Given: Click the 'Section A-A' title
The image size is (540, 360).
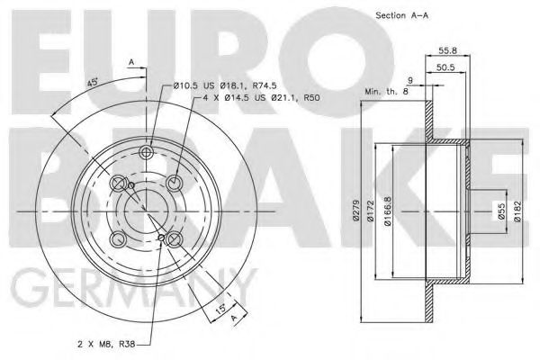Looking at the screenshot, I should [x=402, y=15].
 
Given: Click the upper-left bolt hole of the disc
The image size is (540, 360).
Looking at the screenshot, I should [x=118, y=184].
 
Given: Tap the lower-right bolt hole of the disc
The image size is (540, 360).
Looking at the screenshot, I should [x=175, y=239].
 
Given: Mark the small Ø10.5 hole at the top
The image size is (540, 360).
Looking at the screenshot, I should [x=147, y=150].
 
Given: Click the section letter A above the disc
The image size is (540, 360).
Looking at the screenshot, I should [x=130, y=61].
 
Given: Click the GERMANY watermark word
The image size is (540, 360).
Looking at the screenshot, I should [x=126, y=293].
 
